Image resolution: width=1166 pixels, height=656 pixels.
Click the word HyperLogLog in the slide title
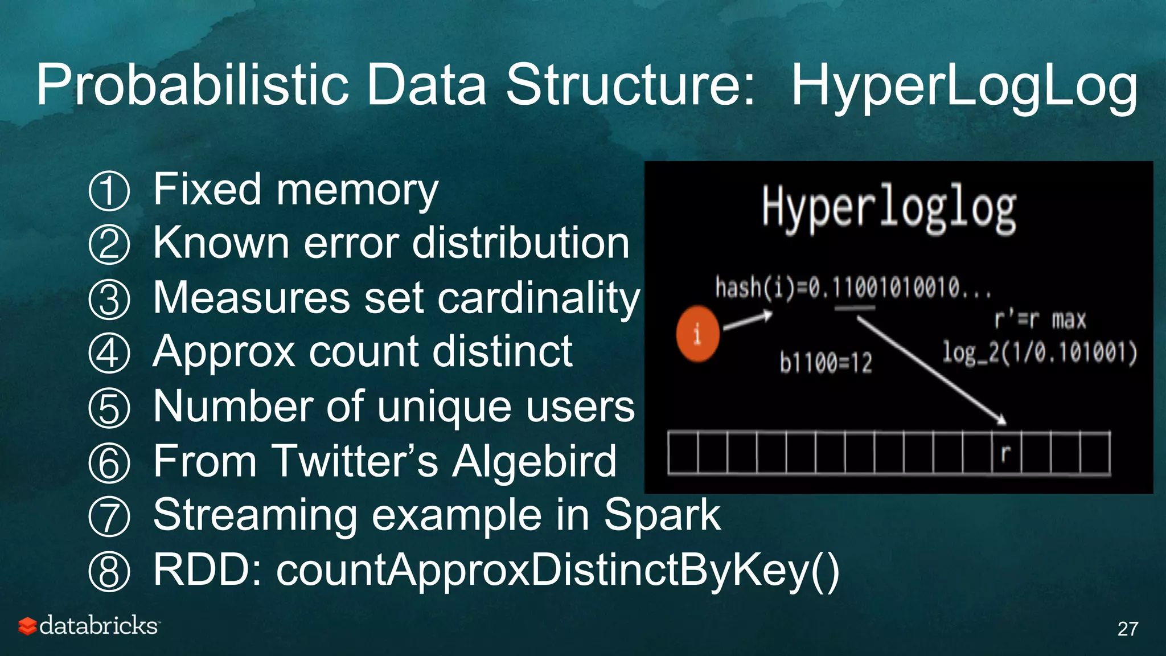(x=964, y=85)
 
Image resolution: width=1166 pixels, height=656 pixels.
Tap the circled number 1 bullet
(x=109, y=191)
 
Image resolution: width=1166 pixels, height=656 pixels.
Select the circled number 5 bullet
(x=109, y=408)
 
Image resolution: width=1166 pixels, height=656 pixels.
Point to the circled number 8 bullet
(x=109, y=572)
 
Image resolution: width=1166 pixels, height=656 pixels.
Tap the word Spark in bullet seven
(x=662, y=515)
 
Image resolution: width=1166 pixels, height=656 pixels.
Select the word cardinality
(x=539, y=298)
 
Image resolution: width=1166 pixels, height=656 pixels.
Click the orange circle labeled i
(x=697, y=334)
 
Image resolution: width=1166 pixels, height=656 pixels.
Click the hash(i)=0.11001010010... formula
(x=853, y=288)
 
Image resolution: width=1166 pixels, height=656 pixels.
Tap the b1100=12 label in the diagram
(x=826, y=363)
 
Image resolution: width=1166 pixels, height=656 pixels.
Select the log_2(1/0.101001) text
(x=1040, y=352)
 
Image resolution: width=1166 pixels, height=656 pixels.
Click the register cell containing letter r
(x=1006, y=453)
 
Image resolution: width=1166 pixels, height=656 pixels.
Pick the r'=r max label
(x=1040, y=320)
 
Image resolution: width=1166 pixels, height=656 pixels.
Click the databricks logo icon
(x=27, y=626)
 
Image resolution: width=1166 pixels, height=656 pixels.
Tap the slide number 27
(x=1127, y=629)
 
